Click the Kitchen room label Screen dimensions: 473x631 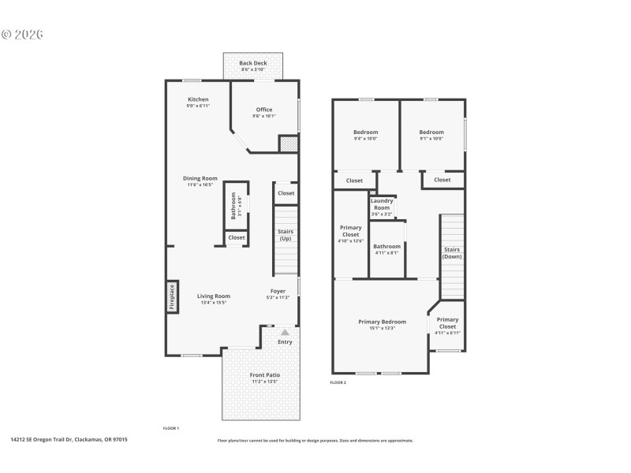198,99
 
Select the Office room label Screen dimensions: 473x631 263,110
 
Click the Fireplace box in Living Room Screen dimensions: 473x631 172,296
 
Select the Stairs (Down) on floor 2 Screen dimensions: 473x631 452,254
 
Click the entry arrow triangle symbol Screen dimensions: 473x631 285,333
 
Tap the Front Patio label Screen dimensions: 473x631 265,375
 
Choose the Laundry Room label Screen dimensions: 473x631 382,204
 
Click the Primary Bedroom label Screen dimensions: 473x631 382,322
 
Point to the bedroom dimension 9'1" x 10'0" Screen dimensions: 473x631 431,139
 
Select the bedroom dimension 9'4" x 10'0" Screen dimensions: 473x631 365,139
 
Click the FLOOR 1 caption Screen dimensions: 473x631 171,428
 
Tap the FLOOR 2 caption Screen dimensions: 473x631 338,382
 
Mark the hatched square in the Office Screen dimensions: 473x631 289,144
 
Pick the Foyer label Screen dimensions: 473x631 278,291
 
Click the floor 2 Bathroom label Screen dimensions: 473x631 386,247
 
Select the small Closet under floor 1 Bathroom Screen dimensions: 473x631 237,237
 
